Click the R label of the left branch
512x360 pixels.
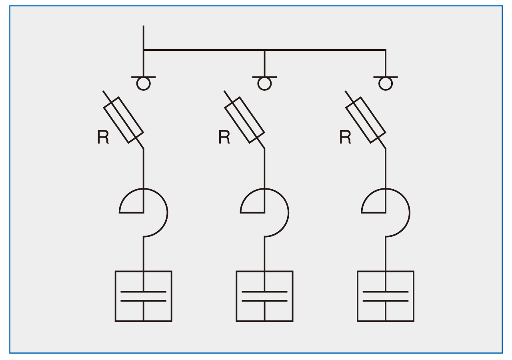[103, 137]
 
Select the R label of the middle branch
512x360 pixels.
[224, 137]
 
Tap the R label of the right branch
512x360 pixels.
[345, 137]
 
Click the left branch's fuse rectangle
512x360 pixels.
[124, 120]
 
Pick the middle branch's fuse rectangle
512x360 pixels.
[245, 120]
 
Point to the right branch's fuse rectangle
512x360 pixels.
[366, 120]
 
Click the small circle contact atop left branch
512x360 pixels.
[143, 84]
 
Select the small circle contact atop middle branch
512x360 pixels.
[264, 84]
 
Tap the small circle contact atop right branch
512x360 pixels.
[386, 84]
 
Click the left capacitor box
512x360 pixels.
[144, 296]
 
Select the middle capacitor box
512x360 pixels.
[264, 296]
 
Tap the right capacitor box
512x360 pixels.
[386, 296]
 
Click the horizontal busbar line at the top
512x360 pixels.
[204, 50]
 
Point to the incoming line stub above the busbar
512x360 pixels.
[144, 37]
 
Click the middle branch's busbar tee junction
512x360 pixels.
[264, 50]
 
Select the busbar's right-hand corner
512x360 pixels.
[386, 50]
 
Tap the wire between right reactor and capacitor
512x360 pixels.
[386, 254]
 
